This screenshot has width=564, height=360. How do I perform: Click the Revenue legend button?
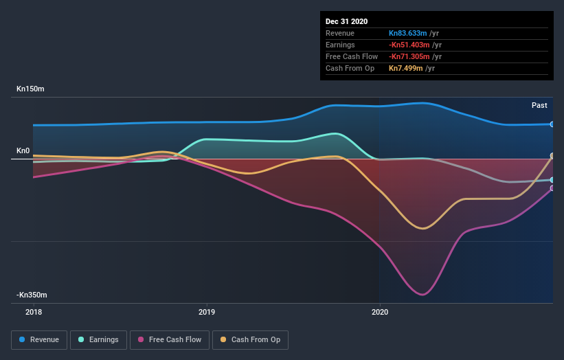click(40, 339)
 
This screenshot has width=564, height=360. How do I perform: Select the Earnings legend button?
click(99, 339)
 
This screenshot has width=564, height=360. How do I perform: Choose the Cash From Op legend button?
click(251, 339)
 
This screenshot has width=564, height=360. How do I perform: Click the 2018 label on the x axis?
click(33, 312)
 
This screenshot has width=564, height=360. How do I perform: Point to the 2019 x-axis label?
click(206, 312)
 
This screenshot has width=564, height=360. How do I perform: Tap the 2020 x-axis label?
click(379, 312)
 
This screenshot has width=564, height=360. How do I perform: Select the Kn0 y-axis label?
click(23, 150)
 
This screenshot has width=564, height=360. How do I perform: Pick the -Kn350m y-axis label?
click(32, 295)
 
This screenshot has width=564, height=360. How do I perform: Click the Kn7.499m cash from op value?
click(404, 68)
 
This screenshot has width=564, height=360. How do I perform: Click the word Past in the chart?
click(539, 105)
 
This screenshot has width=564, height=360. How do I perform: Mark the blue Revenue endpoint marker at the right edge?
click(552, 124)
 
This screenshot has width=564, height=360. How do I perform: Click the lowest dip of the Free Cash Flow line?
click(422, 295)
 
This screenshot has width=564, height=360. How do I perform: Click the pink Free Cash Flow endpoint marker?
click(552, 188)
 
